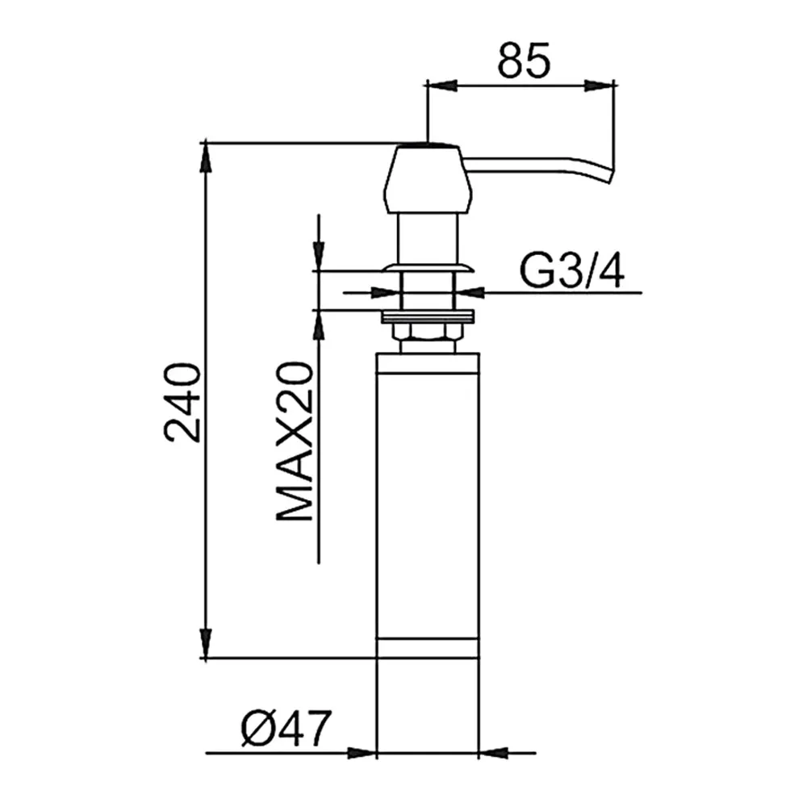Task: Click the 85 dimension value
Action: [x=524, y=61]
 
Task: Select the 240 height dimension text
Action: [x=182, y=403]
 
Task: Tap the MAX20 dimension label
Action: [x=295, y=441]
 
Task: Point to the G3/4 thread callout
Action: [x=572, y=271]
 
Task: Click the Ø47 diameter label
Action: [x=286, y=728]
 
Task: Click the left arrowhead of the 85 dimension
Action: [x=442, y=86]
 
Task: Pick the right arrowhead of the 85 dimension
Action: [x=599, y=86]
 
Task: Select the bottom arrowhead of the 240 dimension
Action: [x=206, y=642]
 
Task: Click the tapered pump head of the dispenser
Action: [x=429, y=180]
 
